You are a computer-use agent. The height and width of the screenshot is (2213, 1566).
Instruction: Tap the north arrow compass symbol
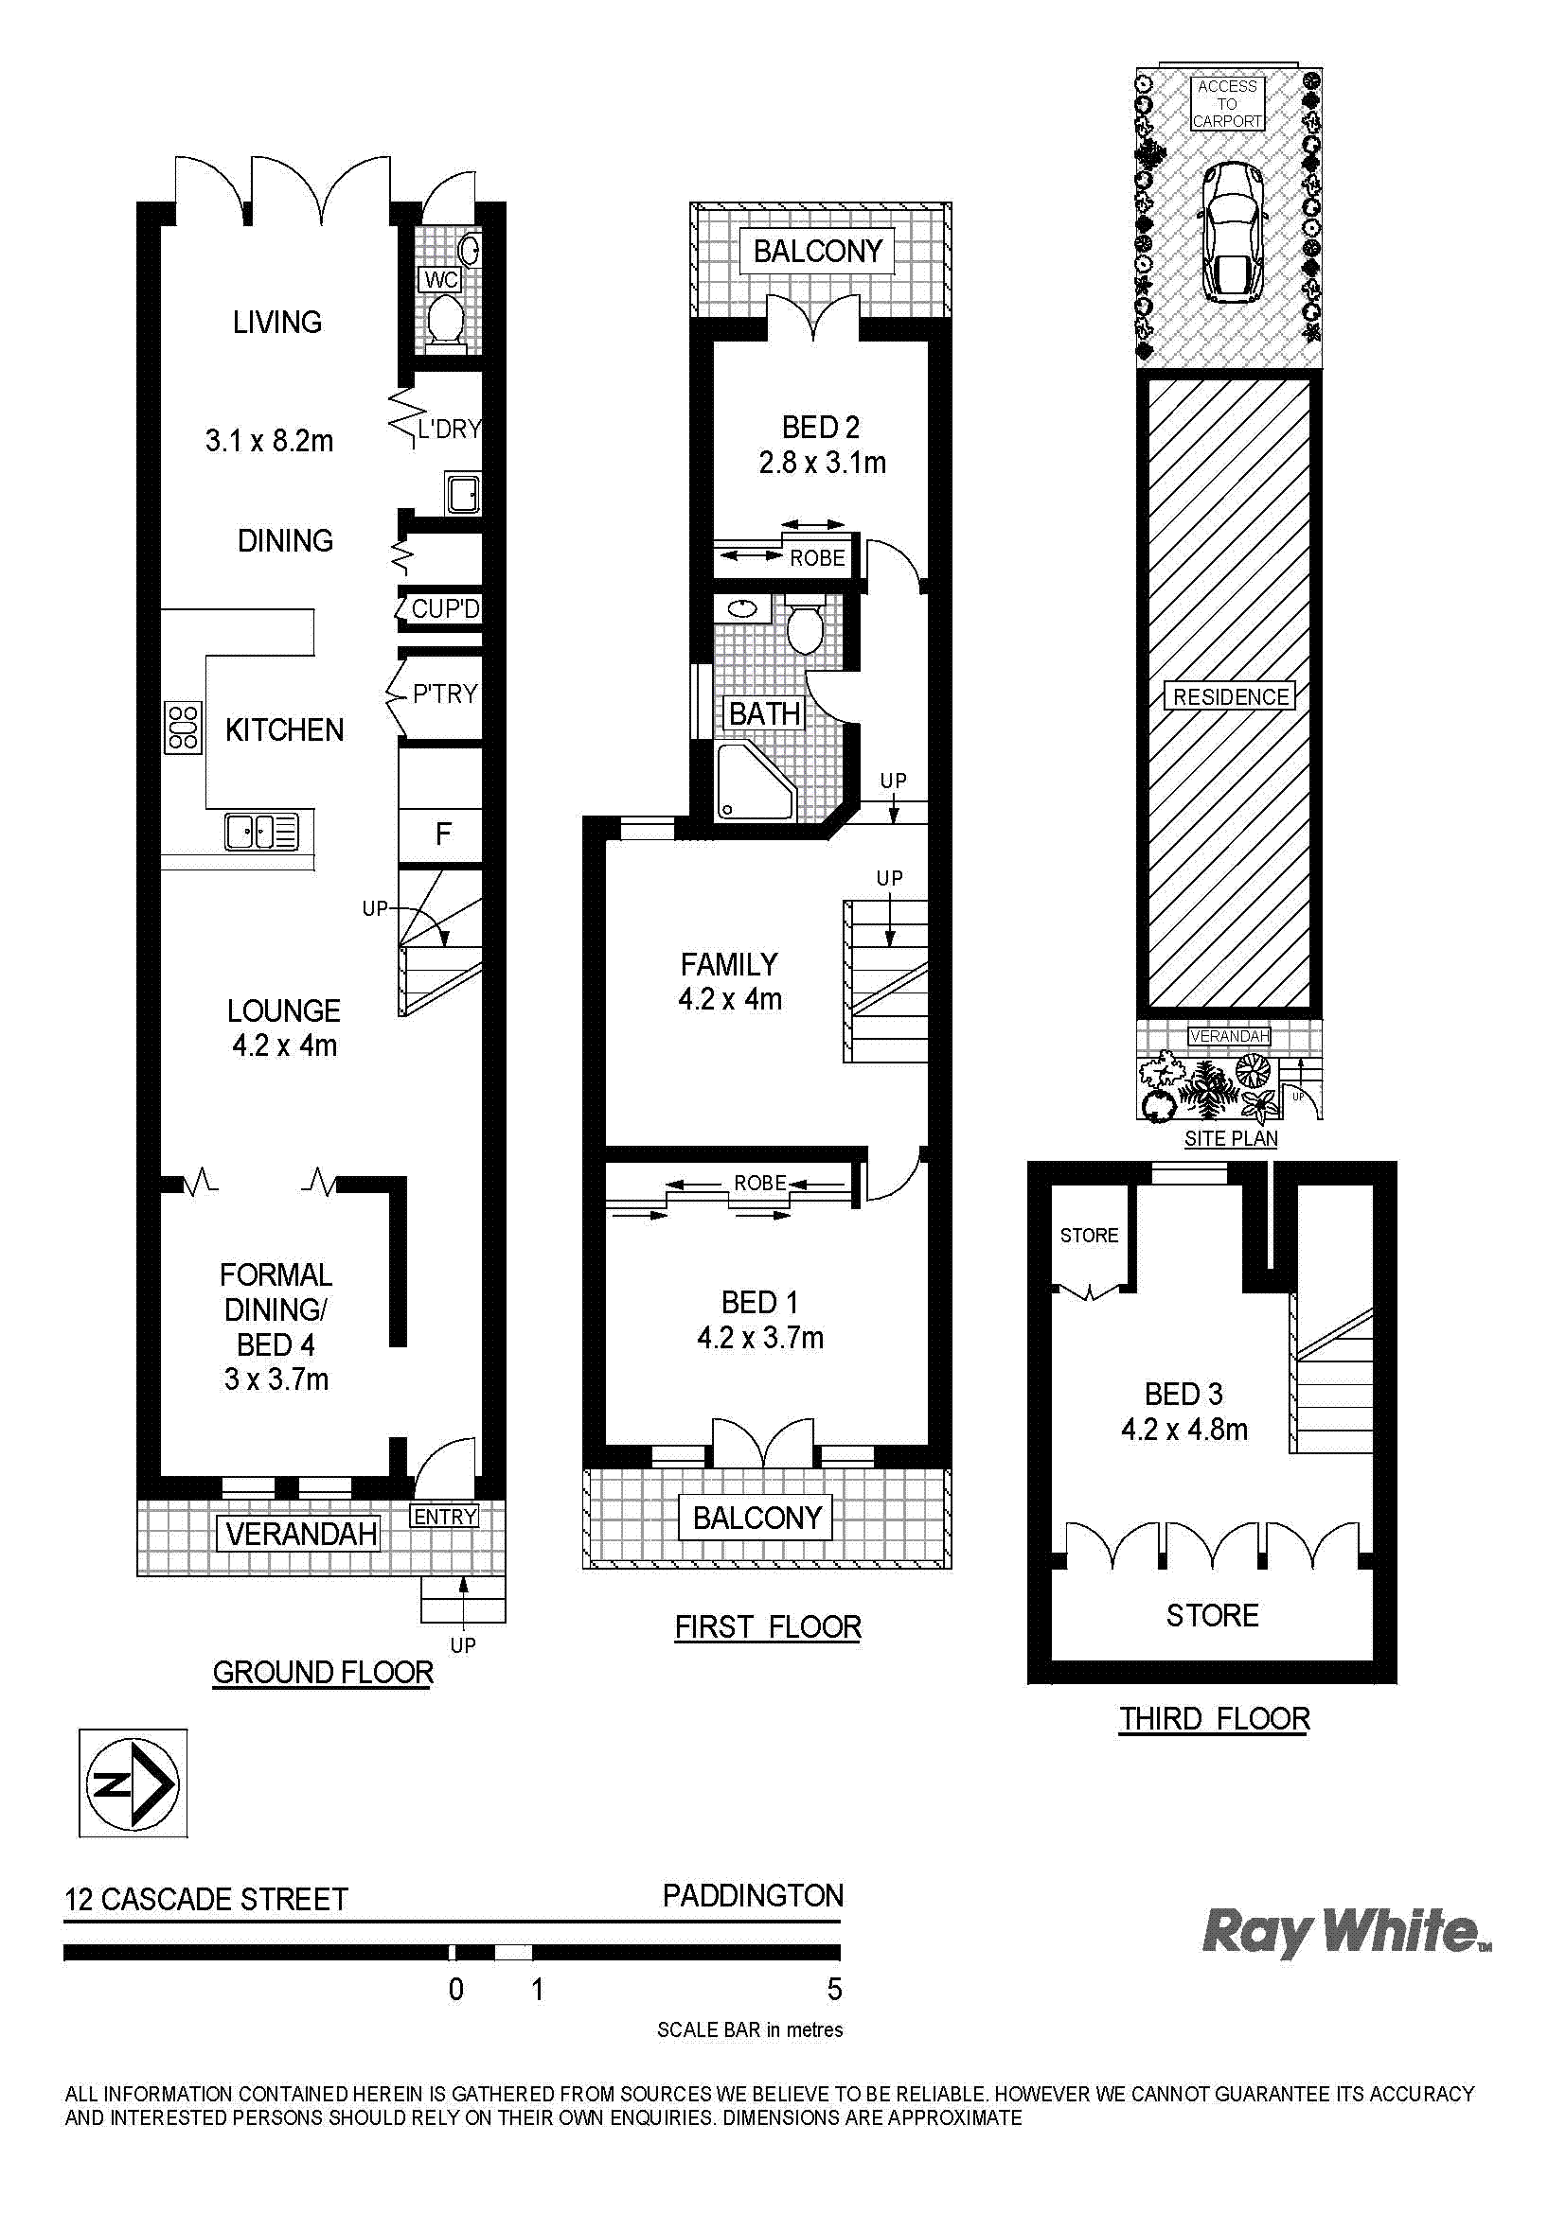pos(133,1784)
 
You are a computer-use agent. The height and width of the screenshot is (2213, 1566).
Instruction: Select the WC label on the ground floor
pos(440,280)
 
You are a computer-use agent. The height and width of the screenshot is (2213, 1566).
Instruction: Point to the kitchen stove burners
pos(184,727)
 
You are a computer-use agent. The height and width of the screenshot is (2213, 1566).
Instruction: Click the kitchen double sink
pos(261,831)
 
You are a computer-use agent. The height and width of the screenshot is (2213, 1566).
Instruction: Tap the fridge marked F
pos(441,833)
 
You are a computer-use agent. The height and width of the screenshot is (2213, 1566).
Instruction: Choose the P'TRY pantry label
pos(445,694)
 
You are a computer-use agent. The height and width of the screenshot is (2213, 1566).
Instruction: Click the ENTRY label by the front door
pos(445,1516)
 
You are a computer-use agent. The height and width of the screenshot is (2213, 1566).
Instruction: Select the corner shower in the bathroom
pos(755,782)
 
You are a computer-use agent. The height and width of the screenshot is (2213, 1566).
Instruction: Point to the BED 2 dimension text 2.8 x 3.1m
pos(822,463)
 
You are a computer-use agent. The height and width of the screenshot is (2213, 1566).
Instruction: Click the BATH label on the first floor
pos(765,714)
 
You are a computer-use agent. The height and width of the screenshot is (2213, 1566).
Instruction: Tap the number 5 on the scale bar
pos(835,1989)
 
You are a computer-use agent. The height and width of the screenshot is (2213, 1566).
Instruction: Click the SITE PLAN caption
pos(1231,1138)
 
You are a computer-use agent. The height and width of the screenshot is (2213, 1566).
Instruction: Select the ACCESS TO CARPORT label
pos(1228,103)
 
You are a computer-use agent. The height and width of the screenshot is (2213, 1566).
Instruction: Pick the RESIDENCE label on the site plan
pos(1231,697)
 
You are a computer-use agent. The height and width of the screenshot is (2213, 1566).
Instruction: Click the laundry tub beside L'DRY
pos(462,494)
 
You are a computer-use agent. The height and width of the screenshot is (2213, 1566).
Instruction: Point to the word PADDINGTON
pos(752,1896)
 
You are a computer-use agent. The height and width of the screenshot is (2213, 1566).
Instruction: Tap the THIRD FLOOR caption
pos(1214,1718)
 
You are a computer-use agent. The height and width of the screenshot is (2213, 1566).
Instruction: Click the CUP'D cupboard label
pos(445,609)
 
